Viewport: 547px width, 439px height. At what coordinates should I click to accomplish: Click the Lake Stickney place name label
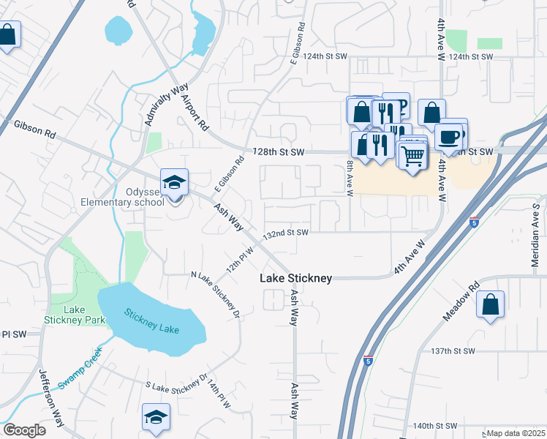tap(296, 279)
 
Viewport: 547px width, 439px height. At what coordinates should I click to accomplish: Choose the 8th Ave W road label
tap(350, 179)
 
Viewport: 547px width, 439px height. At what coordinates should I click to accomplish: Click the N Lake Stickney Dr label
tap(215, 295)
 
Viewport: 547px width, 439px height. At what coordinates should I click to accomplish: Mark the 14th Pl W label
tap(218, 394)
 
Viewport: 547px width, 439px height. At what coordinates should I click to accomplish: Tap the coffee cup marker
tap(448, 136)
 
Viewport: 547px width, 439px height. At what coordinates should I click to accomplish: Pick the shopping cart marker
tap(412, 155)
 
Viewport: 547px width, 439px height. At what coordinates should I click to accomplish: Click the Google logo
tap(24, 430)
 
